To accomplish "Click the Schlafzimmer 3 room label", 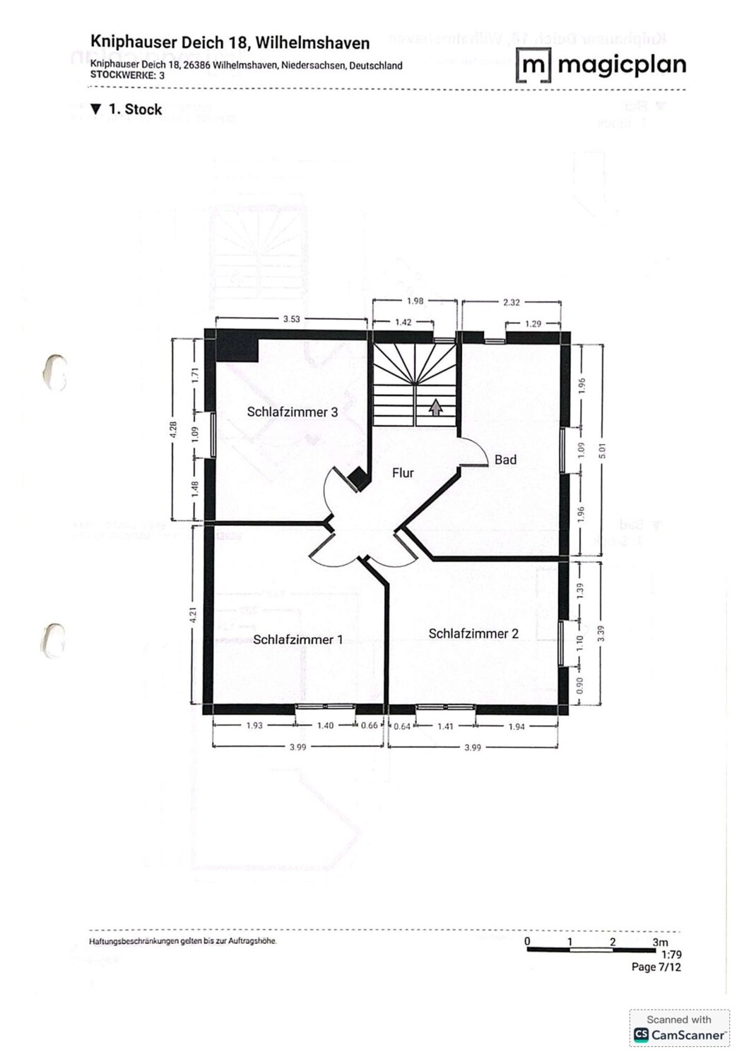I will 292,412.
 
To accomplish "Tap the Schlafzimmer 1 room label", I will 297,640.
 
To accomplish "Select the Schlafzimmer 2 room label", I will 473,634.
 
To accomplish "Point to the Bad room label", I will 505,460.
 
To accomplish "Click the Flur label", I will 403,473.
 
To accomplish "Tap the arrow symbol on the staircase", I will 436,407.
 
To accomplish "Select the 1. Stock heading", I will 127,109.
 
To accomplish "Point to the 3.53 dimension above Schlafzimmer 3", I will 291,319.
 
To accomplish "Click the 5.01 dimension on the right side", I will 602,450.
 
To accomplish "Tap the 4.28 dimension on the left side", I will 174,430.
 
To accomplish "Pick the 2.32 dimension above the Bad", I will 511,302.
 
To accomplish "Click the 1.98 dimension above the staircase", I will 415,301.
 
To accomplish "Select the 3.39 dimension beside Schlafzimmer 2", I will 601,633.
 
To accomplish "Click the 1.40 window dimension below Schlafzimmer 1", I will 324,726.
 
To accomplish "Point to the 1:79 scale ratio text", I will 671,955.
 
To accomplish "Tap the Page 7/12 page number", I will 656,967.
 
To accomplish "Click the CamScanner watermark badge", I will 679,1027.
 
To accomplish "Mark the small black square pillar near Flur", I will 358,479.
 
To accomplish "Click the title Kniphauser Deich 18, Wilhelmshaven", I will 230,43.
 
